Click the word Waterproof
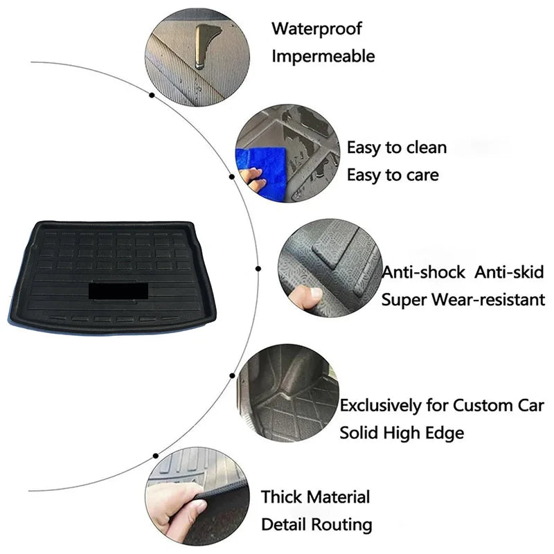click(x=316, y=29)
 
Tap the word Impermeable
click(x=323, y=56)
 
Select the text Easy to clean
click(x=397, y=148)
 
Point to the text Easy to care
click(x=393, y=175)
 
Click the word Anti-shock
click(x=424, y=272)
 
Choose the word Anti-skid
click(x=509, y=272)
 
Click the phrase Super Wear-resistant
click(x=463, y=300)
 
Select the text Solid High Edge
click(x=402, y=433)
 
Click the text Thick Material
click(x=316, y=497)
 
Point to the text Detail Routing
click(x=316, y=524)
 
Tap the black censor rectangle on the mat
click(x=118, y=291)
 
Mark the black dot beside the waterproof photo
click(x=152, y=96)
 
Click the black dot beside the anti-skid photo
click(x=258, y=269)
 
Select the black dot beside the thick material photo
click(x=155, y=456)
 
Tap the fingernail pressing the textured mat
click(x=315, y=293)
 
